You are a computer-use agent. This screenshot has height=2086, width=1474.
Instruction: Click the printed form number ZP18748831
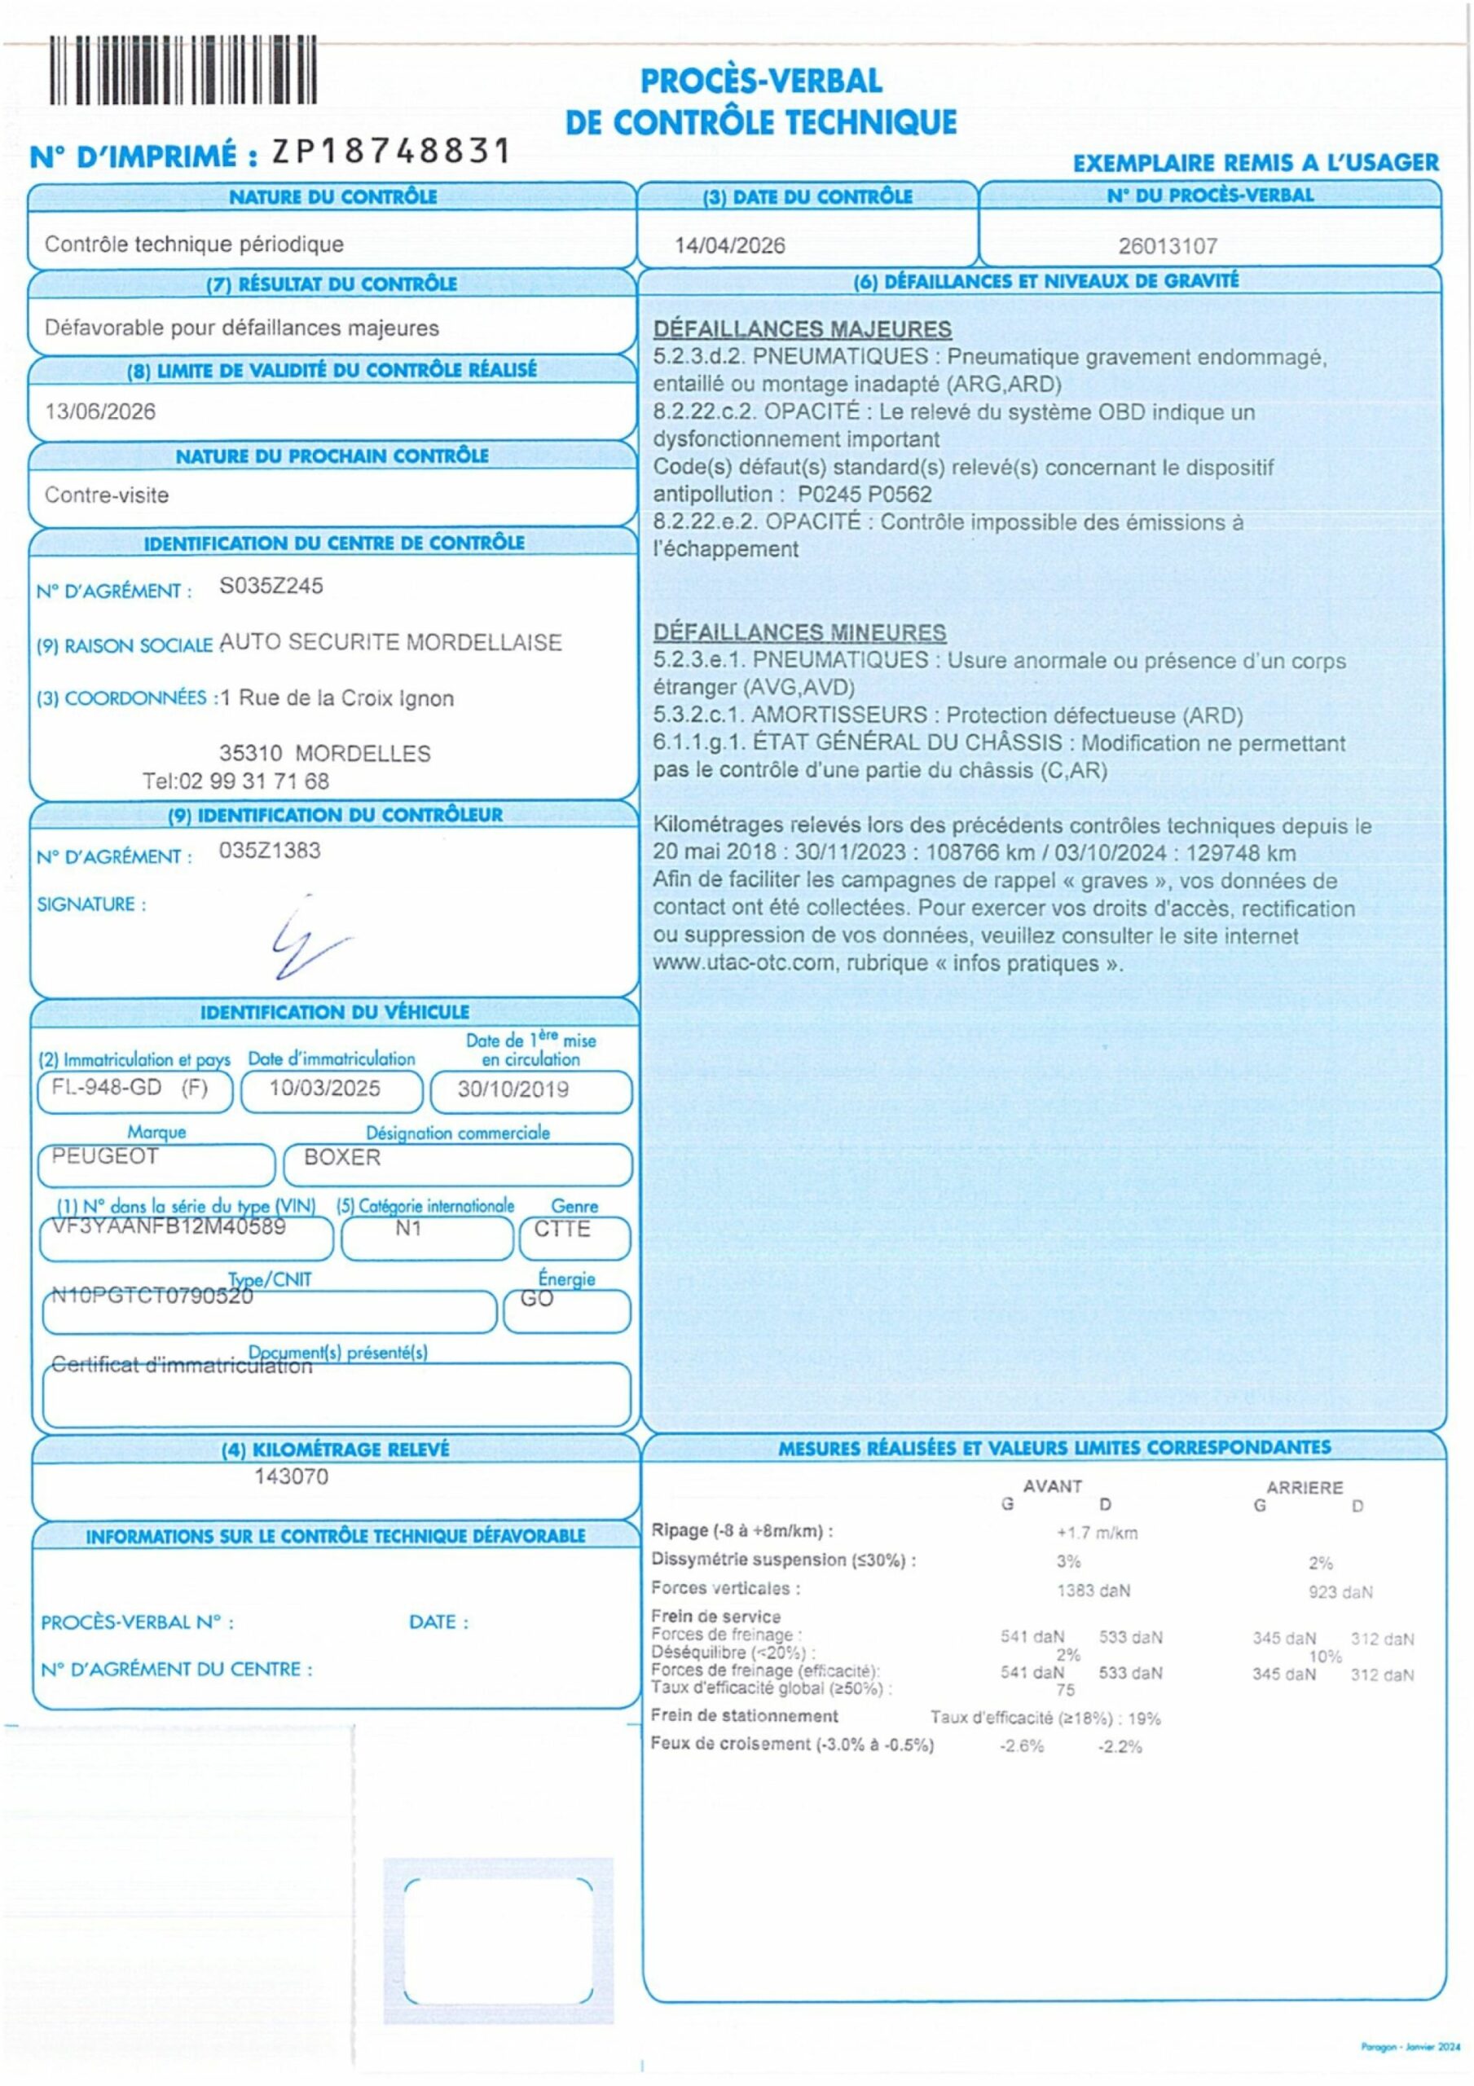tap(392, 151)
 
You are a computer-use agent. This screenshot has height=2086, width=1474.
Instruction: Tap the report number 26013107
tap(1167, 245)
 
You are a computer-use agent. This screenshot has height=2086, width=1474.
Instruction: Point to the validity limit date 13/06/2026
tap(100, 411)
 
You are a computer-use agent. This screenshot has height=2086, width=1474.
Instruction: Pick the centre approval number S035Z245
tap(271, 586)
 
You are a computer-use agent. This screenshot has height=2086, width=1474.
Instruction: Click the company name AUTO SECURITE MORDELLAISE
tap(391, 642)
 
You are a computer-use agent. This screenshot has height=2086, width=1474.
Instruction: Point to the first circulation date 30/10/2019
tap(513, 1089)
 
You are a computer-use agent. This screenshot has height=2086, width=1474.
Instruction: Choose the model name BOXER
tap(341, 1157)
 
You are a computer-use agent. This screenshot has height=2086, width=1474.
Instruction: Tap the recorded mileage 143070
tap(291, 1476)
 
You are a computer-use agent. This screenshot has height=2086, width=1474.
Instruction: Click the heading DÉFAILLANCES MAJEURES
tap(802, 329)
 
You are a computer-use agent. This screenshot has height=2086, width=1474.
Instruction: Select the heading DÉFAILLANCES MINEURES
tap(799, 632)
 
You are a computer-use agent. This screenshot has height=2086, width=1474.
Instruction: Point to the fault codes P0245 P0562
tap(865, 495)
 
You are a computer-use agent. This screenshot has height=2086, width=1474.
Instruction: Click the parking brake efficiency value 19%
tap(1145, 1718)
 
